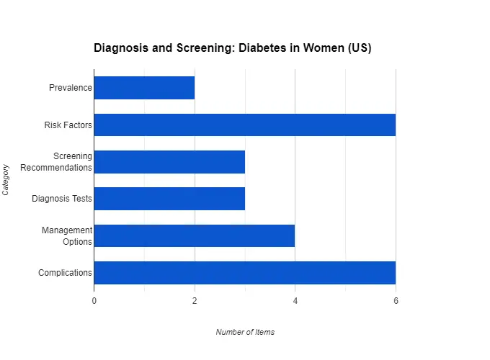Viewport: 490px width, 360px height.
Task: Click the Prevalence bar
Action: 144,88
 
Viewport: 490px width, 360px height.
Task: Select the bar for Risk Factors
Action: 244,125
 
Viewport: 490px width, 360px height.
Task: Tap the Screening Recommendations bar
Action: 169,162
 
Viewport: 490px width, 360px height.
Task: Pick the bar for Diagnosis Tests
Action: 169,199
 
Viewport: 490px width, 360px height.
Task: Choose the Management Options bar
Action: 195,235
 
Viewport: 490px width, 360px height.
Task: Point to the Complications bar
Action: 244,272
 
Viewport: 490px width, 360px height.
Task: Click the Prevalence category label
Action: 71,89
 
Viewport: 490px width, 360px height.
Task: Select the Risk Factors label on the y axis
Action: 68,125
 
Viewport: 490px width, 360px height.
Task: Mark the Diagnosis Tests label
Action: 62,199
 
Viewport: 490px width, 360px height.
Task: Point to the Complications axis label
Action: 65,273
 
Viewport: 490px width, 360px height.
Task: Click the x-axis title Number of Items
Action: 245,332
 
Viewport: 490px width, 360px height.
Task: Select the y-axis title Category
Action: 6,180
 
